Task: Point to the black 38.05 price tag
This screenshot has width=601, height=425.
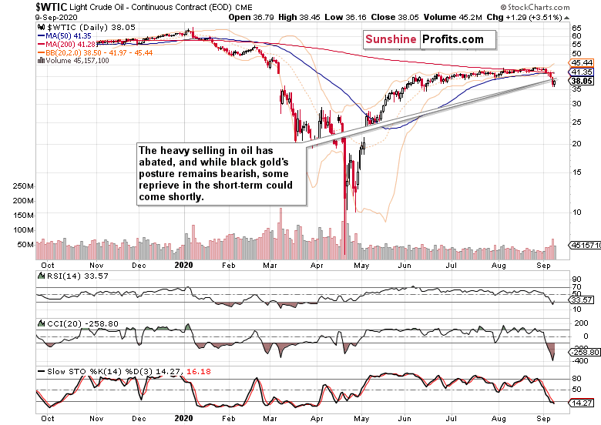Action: [x=581, y=80]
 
